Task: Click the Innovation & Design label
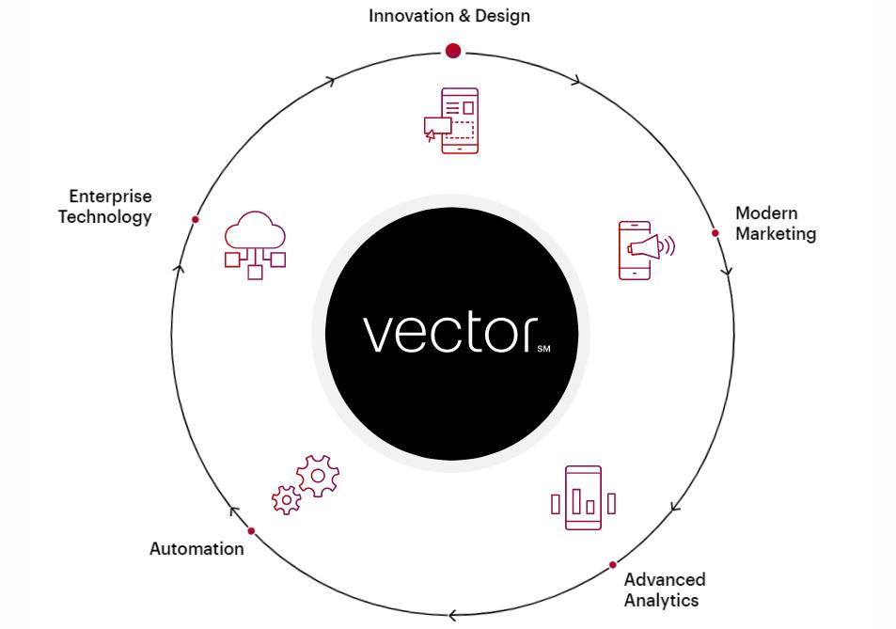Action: tap(448, 16)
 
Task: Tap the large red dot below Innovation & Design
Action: tap(453, 51)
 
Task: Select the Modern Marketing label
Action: tap(775, 224)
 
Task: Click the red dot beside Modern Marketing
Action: tap(715, 233)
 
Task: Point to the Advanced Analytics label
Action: tap(664, 590)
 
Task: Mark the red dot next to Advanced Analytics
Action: tap(613, 565)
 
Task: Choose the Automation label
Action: tap(196, 549)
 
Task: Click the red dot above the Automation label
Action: tap(251, 531)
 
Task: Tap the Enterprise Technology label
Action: tap(105, 207)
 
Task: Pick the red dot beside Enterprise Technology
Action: tap(196, 220)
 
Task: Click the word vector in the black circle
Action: tap(448, 333)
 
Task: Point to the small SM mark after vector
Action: tap(543, 350)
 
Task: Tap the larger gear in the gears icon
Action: tap(318, 477)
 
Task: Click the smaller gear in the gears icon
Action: tap(286, 499)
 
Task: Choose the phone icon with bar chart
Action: tap(583, 498)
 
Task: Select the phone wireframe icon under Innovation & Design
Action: tap(453, 120)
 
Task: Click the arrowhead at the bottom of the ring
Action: tap(452, 616)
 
